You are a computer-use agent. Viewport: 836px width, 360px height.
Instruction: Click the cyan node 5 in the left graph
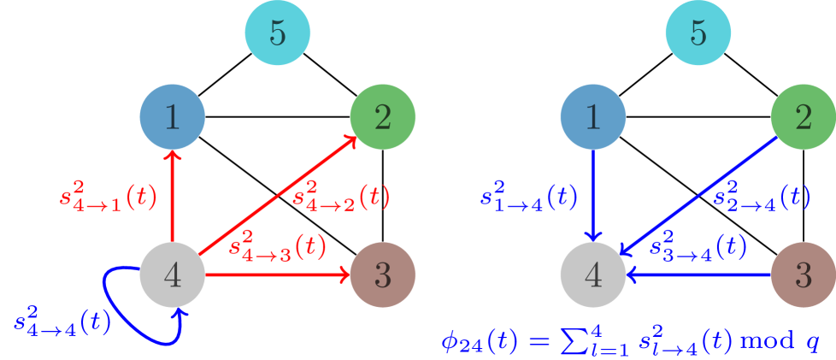coord(277,33)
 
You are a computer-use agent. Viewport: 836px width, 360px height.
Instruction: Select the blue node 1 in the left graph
coord(173,117)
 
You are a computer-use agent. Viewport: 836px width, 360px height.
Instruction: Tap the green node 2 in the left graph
coord(383,117)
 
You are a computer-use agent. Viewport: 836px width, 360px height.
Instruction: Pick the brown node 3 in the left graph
coord(383,274)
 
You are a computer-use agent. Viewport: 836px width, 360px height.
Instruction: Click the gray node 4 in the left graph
coord(173,274)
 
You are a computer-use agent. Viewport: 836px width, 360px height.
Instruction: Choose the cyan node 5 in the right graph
coord(698,33)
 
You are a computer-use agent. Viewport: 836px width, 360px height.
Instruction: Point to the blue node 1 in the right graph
coord(593,117)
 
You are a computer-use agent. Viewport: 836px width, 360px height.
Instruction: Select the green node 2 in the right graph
coord(804,117)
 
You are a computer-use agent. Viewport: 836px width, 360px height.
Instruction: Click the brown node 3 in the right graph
coord(804,274)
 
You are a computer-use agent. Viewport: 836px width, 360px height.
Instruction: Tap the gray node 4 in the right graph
coord(593,274)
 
